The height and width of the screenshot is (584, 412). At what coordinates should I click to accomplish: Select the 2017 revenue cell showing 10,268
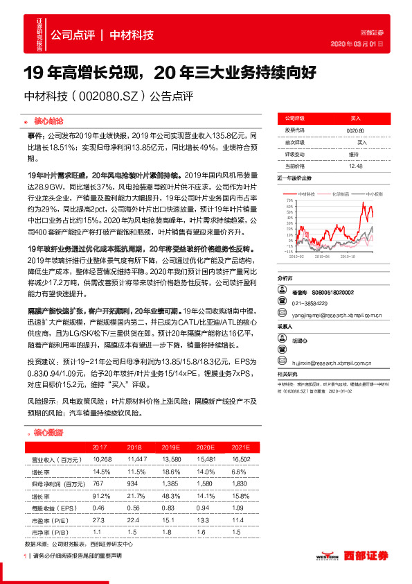point(102,459)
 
